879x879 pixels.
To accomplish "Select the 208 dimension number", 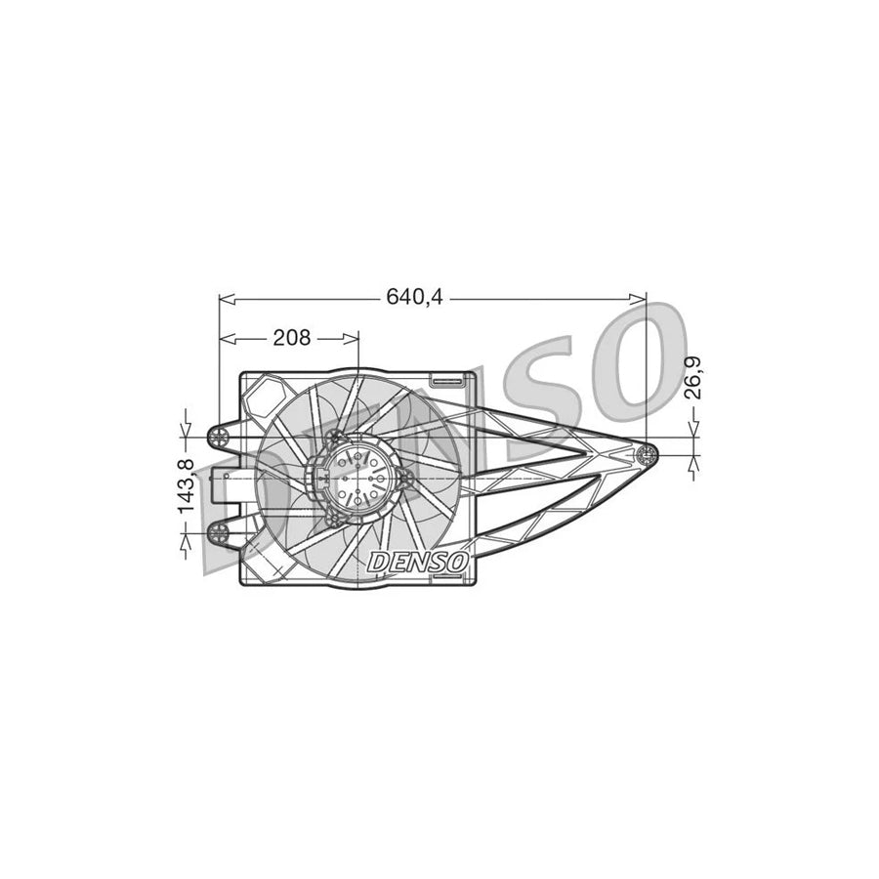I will [291, 338].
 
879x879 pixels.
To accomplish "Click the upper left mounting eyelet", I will [220, 433].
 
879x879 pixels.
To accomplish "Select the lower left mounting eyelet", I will [220, 532].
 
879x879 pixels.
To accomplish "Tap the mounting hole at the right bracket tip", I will [645, 453].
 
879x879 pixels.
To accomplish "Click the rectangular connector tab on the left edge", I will [213, 483].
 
